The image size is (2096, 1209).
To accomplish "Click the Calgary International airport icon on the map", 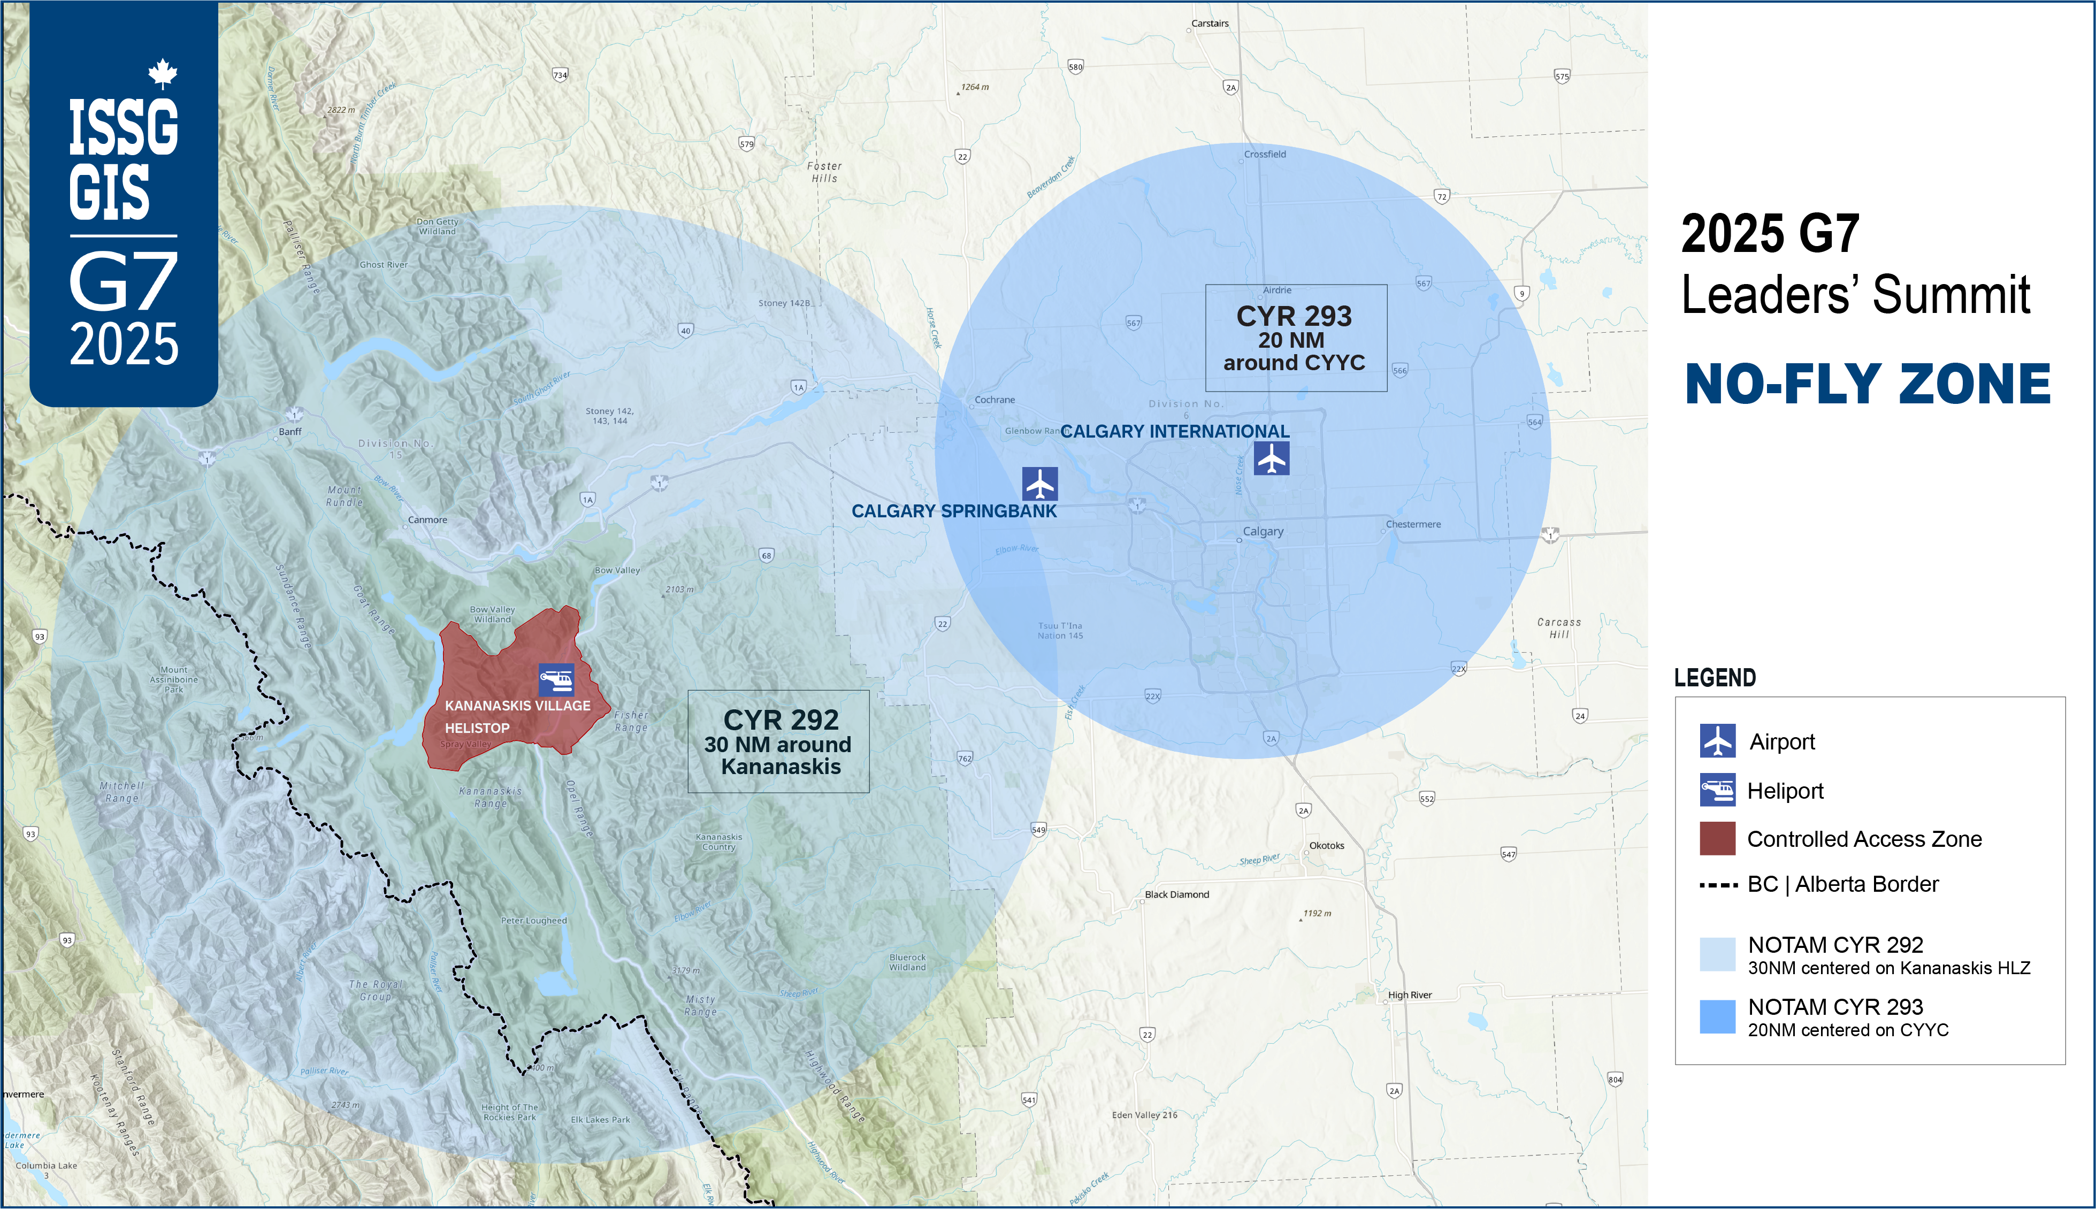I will click(1271, 458).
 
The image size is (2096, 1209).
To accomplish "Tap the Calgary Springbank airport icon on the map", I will click(1039, 483).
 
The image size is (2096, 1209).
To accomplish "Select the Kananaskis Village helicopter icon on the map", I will click(555, 679).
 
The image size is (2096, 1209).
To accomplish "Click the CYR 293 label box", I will click(1295, 338).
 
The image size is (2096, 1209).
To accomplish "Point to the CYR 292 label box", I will click(778, 741).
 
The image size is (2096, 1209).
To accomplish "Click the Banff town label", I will click(290, 432).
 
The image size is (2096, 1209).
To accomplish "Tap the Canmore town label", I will click(427, 520).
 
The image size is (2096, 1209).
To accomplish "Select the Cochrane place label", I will click(995, 400).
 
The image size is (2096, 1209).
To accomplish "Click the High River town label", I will click(1410, 995).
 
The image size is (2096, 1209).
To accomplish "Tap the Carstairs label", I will click(1210, 23).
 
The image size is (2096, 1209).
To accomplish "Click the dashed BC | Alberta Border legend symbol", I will click(1717, 885).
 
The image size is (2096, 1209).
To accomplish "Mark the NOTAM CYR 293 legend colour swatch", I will click(1717, 1017).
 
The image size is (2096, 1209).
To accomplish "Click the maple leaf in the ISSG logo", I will click(163, 73).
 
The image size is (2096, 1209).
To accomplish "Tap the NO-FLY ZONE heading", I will click(1868, 385).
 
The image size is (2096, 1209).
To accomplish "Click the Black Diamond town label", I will click(1176, 894).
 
